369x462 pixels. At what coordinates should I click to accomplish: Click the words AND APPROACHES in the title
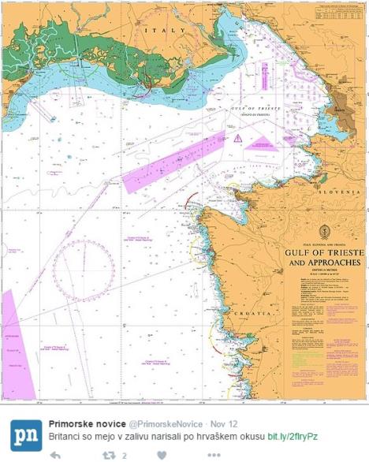click(321, 263)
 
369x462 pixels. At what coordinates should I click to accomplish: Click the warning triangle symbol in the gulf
click(237, 138)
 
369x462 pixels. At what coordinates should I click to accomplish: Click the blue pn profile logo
click(25, 430)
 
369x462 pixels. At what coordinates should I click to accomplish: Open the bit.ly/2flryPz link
click(293, 436)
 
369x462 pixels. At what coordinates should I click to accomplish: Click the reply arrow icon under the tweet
click(55, 455)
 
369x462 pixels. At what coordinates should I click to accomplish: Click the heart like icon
click(162, 455)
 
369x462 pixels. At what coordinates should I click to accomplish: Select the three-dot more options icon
click(214, 455)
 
